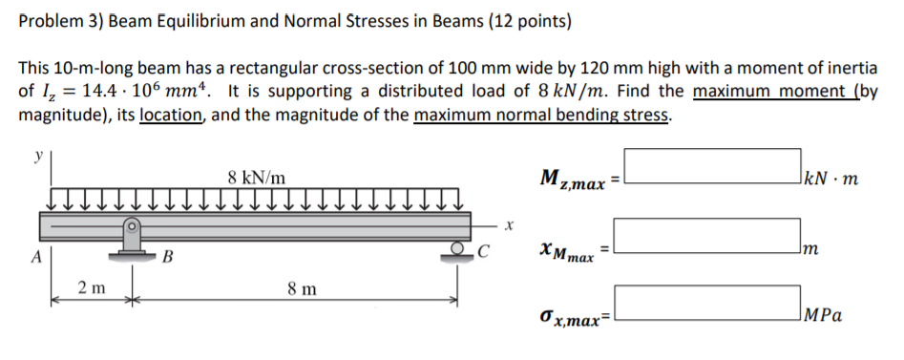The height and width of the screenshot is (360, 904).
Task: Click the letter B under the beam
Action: tap(167, 257)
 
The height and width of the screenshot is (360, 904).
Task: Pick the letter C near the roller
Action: tap(484, 254)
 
